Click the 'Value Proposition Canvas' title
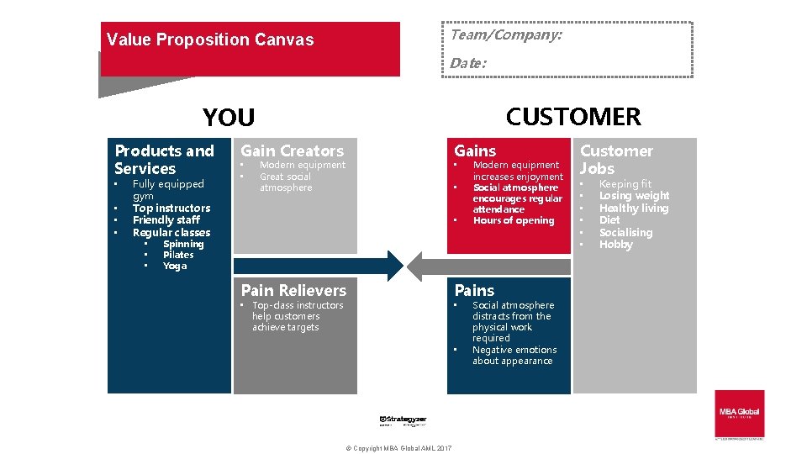(210, 40)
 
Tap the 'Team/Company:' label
(505, 35)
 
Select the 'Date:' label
(467, 63)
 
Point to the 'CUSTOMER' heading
(573, 117)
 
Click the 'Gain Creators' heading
(293, 151)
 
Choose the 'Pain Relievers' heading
(293, 290)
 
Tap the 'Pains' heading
(474, 290)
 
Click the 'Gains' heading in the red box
(475, 151)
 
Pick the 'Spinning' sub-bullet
(182, 244)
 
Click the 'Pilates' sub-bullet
(178, 255)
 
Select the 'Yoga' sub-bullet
(175, 266)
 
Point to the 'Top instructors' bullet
(171, 208)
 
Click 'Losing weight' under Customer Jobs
(634, 196)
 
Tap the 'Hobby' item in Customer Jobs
(615, 245)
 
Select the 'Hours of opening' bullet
(514, 220)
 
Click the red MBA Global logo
(739, 413)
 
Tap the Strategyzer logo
(403, 420)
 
